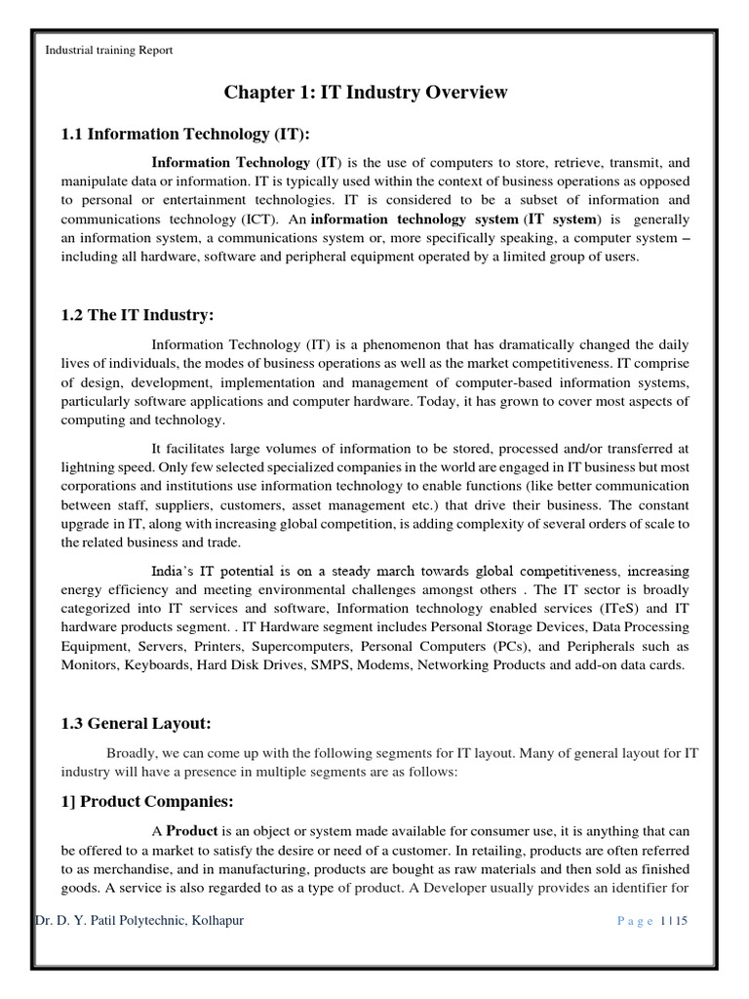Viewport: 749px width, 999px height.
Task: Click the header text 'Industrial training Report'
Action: tap(109, 51)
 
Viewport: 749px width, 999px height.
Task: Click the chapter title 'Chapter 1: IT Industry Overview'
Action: tap(366, 93)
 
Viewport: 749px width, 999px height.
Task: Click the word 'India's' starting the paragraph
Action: tap(177, 571)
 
